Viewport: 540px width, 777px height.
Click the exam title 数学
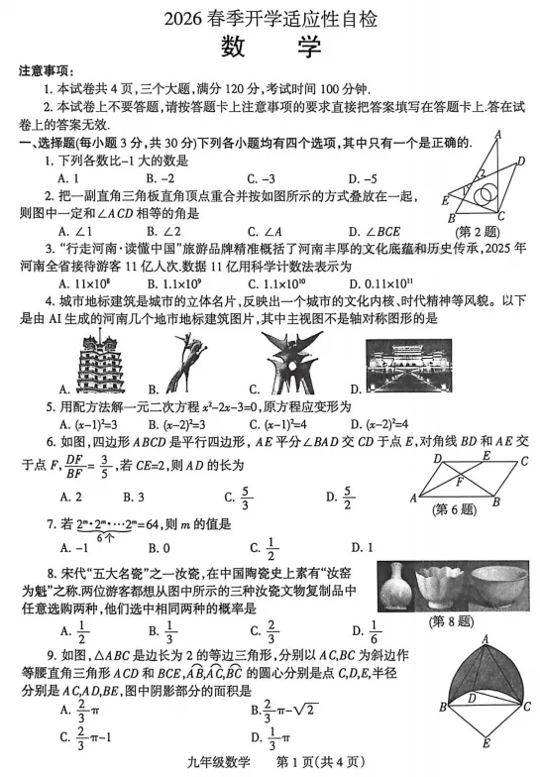click(x=270, y=45)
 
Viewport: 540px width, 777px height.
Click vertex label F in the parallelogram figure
click(x=462, y=483)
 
